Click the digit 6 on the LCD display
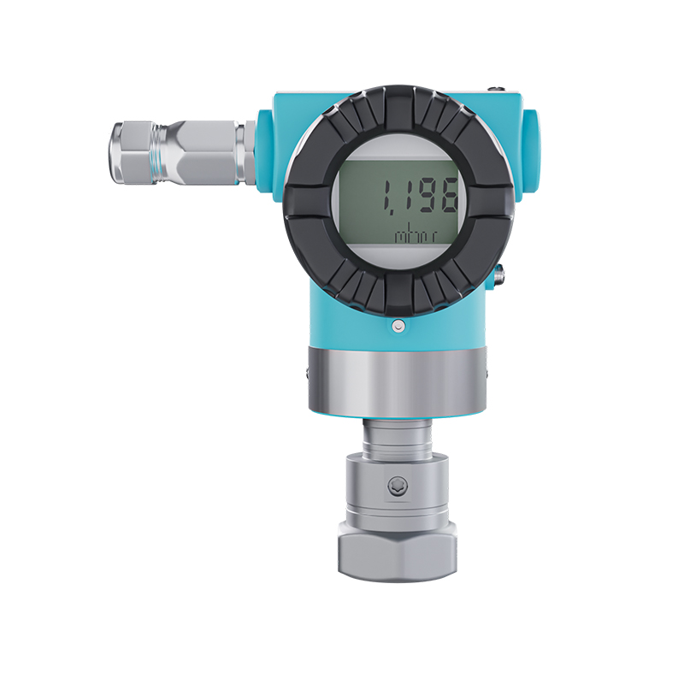coord(446,197)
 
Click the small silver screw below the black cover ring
coord(398,326)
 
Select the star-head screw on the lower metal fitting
coord(398,486)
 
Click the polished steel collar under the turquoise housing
coord(397,380)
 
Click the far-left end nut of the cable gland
coord(130,152)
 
